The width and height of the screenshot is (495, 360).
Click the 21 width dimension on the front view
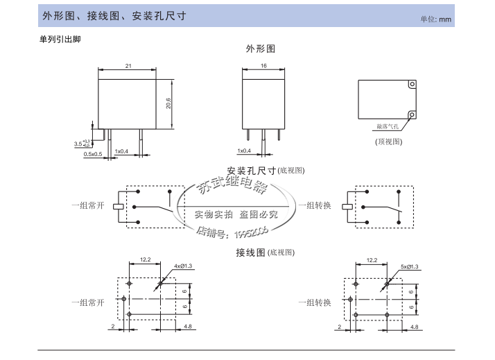click(x=128, y=66)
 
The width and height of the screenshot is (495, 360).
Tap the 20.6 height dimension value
click(x=168, y=103)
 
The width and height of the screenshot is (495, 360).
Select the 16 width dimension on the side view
click(x=263, y=66)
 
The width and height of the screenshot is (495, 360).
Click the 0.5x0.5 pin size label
click(x=92, y=154)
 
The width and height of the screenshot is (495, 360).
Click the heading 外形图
click(x=261, y=49)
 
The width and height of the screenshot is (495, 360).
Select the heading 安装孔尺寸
click(x=252, y=171)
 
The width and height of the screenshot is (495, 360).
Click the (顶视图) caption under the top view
click(x=389, y=142)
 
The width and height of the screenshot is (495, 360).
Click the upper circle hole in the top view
click(x=412, y=86)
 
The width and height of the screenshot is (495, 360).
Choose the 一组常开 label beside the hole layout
click(x=87, y=302)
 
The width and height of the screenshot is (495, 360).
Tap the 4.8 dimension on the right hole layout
click(x=414, y=326)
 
